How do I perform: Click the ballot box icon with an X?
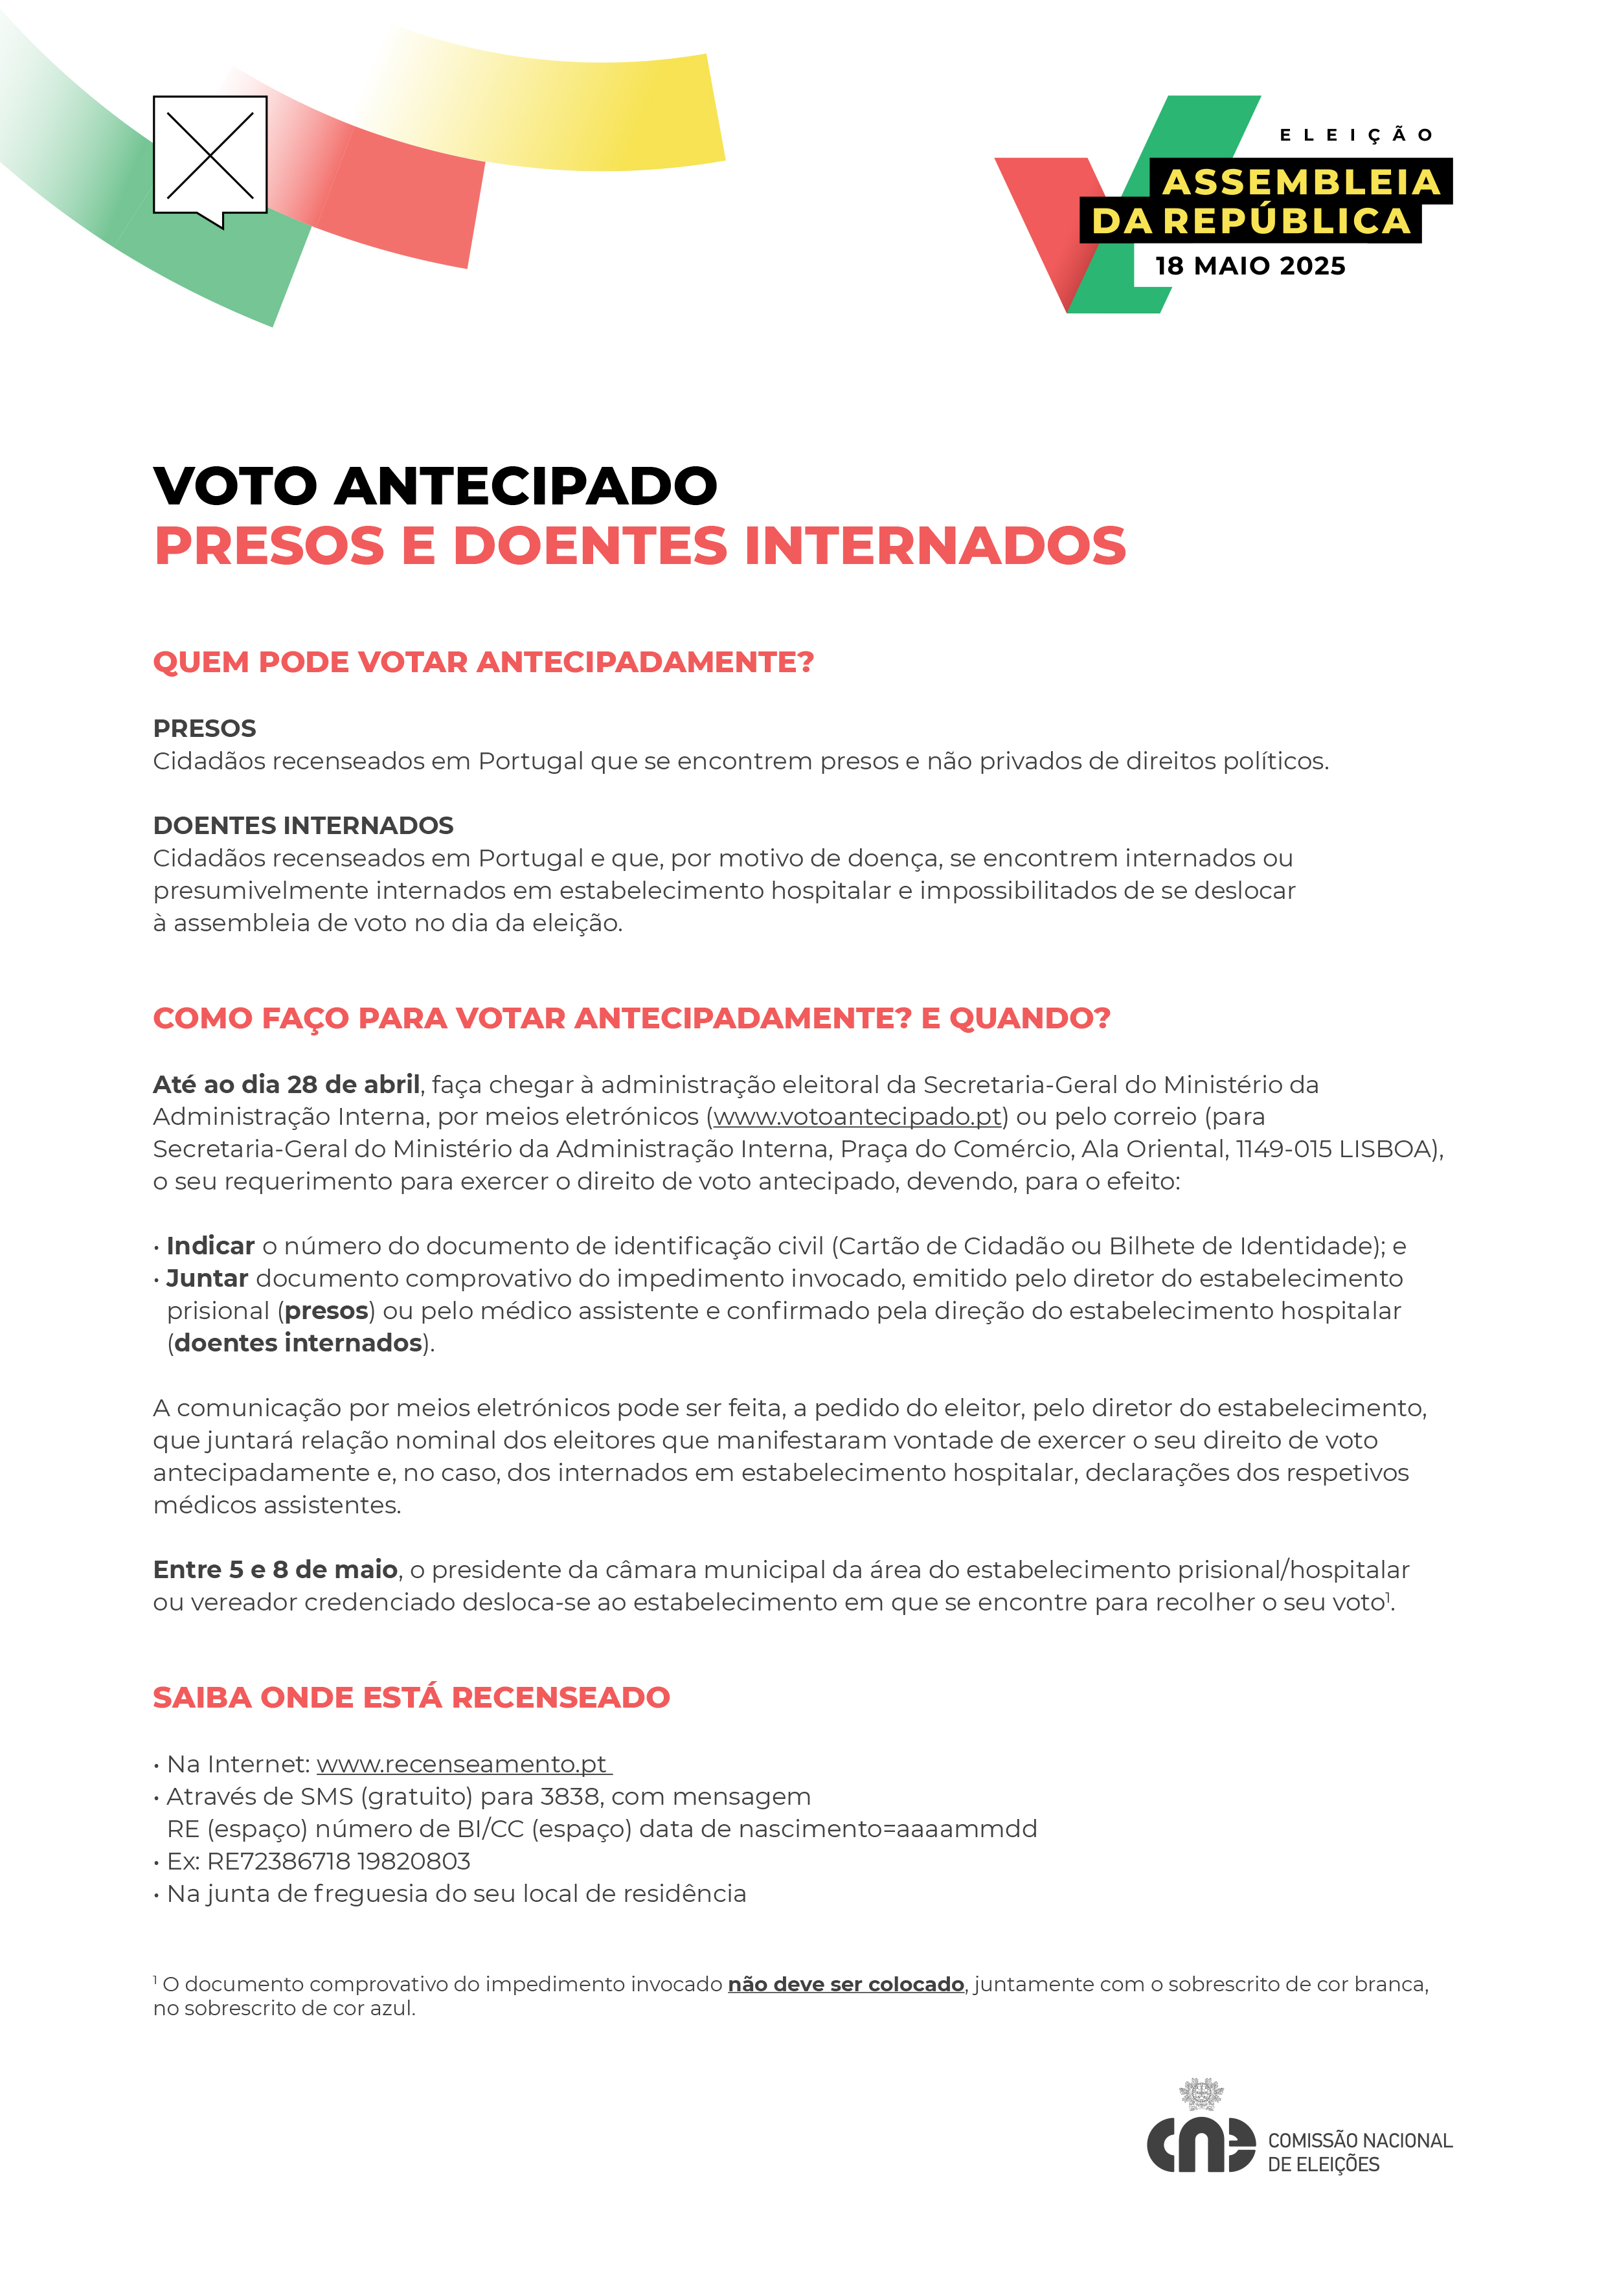(210, 156)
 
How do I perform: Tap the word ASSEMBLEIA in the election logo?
(1300, 182)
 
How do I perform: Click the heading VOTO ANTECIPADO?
(435, 486)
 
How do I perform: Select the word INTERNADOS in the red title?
(934, 546)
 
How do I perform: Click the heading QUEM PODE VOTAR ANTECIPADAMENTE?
(482, 662)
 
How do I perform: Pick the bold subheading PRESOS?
(205, 729)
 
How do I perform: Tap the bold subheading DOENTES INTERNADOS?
(302, 826)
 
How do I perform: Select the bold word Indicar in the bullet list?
(210, 1247)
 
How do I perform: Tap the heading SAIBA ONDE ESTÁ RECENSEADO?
(411, 1699)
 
